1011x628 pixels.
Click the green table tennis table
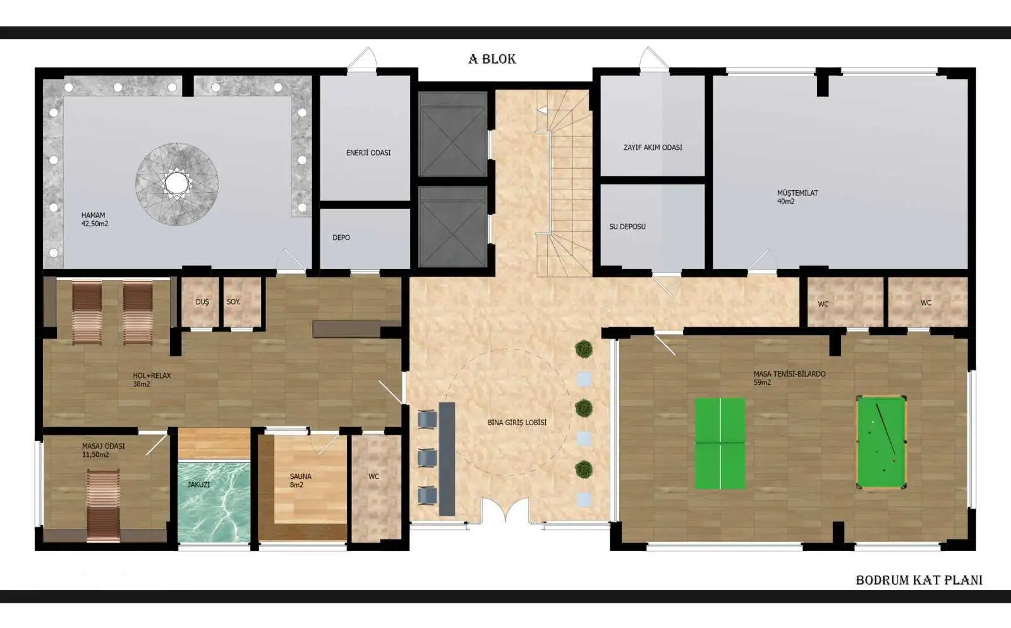(x=720, y=443)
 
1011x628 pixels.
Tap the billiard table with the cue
(x=881, y=442)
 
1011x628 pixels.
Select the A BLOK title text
(x=492, y=59)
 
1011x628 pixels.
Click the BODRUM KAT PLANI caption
(x=919, y=580)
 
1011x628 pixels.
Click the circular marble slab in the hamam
(x=177, y=184)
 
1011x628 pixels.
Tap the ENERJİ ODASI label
(x=368, y=153)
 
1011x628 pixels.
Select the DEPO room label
(x=341, y=238)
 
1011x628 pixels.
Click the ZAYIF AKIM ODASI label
(x=653, y=148)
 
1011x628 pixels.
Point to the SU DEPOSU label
(x=627, y=226)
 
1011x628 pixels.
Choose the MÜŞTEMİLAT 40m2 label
(x=797, y=197)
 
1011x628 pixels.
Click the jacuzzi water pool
(x=214, y=501)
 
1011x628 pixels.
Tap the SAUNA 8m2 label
(x=301, y=480)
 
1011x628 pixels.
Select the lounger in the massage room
(x=104, y=505)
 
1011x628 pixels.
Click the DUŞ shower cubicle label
(x=202, y=302)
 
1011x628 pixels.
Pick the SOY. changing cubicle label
(x=233, y=302)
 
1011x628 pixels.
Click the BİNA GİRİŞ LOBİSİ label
(x=518, y=423)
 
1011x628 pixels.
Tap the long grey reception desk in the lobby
(x=447, y=459)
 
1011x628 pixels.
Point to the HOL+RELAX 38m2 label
(x=152, y=380)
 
